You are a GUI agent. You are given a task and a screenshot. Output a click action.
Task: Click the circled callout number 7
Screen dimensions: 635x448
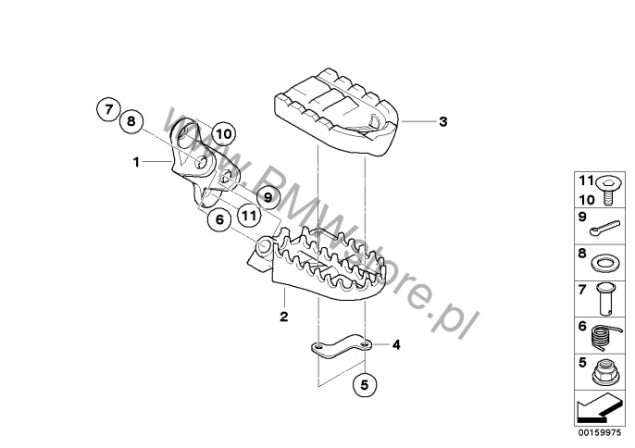point(108,110)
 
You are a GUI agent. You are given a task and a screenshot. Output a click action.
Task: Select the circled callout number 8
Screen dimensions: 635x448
point(131,121)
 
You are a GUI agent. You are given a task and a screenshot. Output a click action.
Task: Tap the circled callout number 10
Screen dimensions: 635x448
point(223,133)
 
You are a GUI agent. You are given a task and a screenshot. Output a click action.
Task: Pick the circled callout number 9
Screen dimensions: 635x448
point(268,197)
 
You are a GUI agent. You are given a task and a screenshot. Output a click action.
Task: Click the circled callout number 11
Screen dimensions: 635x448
point(249,215)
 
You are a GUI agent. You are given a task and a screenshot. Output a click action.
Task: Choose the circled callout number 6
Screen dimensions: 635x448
point(219,220)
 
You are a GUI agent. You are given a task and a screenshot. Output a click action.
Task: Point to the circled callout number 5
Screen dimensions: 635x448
point(365,385)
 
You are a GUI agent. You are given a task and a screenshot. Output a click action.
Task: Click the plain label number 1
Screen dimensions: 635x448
point(136,162)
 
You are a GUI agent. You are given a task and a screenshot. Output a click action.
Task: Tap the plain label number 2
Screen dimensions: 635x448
point(284,317)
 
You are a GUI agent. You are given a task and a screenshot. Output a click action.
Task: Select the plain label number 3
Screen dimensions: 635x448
point(443,121)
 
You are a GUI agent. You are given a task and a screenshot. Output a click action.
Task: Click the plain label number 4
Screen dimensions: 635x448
point(396,345)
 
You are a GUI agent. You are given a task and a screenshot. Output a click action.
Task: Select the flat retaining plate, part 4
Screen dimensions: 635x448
point(341,347)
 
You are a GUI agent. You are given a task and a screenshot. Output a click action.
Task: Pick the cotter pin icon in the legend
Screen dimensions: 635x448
point(604,228)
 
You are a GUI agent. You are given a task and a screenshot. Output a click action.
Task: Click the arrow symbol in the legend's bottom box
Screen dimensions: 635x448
point(598,408)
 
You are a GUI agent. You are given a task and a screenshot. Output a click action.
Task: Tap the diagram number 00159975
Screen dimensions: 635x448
point(600,432)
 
